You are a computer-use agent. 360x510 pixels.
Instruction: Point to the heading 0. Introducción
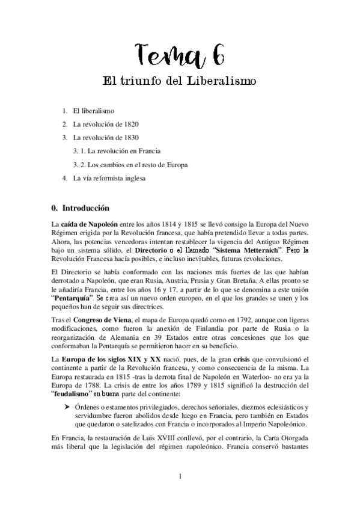click(81, 209)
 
